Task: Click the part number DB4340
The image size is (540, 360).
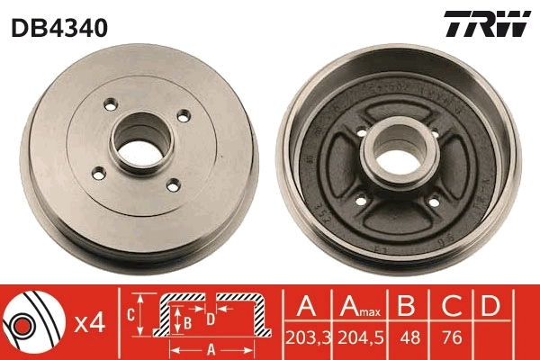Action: (59, 28)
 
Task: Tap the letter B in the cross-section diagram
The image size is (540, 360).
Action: (187, 319)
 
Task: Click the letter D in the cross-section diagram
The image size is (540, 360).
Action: (209, 318)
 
